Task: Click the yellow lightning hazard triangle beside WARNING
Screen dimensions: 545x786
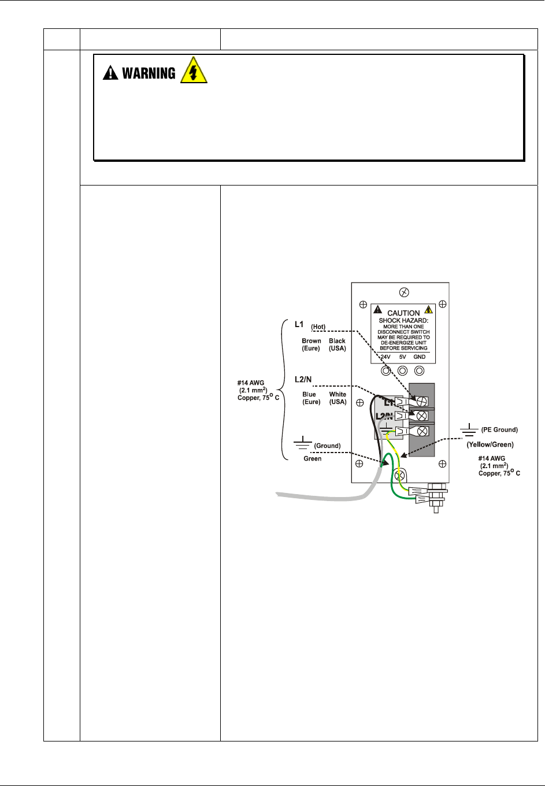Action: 194,70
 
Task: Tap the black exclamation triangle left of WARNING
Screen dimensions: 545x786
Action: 110,73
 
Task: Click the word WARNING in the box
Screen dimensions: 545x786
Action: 149,73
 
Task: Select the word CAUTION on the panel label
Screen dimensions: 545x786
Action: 403,313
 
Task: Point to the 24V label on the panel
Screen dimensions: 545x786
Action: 385,357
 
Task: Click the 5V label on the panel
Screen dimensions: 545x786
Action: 402,357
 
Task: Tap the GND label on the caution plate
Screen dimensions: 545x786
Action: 420,357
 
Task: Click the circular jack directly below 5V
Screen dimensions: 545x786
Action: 402,370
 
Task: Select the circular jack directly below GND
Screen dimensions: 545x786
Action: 420,370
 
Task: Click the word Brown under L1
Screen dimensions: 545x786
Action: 312,341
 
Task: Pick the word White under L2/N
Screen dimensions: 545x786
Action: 338,394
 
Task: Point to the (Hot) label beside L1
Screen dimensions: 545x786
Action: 318,327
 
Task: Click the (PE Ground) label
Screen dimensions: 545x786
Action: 499,430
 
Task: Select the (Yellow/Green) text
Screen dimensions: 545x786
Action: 490,444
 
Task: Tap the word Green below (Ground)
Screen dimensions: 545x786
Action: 312,459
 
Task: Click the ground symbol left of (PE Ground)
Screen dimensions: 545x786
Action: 469,430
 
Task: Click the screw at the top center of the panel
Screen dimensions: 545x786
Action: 404,292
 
